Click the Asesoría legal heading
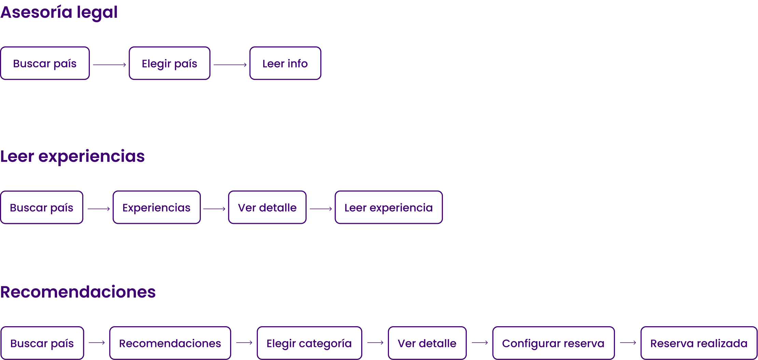[59, 13]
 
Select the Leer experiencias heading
[72, 157]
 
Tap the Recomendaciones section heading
[78, 292]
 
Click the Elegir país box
[169, 63]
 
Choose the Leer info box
[285, 63]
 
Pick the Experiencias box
[156, 207]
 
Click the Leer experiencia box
[389, 207]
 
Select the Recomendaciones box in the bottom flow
[170, 343]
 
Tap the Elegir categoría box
[309, 343]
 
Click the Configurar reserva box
[553, 343]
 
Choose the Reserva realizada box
[699, 343]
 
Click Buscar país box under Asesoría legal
[45, 63]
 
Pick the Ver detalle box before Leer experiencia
[267, 207]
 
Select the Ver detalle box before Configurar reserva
[427, 343]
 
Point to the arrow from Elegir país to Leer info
[230, 64]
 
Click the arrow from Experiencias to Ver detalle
[214, 208]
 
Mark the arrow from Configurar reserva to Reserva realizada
[628, 343]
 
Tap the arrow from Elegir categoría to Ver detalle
[375, 343]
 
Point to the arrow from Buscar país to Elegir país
[109, 64]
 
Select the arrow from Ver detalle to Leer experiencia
[321, 208]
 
